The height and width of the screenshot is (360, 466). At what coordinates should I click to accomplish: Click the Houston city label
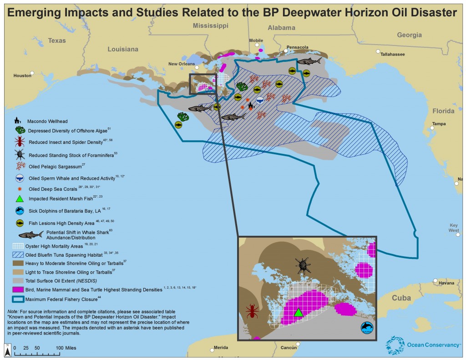click(x=22, y=76)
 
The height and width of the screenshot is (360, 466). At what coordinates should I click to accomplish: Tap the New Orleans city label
click(x=182, y=64)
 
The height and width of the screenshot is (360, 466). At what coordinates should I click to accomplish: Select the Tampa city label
click(x=439, y=124)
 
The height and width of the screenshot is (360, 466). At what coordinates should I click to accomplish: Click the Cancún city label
click(x=288, y=348)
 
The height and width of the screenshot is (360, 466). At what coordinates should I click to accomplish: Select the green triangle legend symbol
click(x=19, y=198)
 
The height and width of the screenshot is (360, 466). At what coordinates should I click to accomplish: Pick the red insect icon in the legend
click(x=19, y=142)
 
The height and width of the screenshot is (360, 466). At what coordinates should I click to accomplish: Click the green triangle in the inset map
click(x=298, y=312)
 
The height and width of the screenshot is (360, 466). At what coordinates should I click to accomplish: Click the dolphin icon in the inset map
click(x=366, y=327)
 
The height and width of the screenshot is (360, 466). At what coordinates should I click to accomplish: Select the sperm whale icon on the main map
click(x=259, y=101)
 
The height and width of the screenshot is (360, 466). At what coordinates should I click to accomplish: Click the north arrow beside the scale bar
click(x=8, y=350)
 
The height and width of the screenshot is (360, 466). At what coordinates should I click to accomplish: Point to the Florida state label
click(x=443, y=111)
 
